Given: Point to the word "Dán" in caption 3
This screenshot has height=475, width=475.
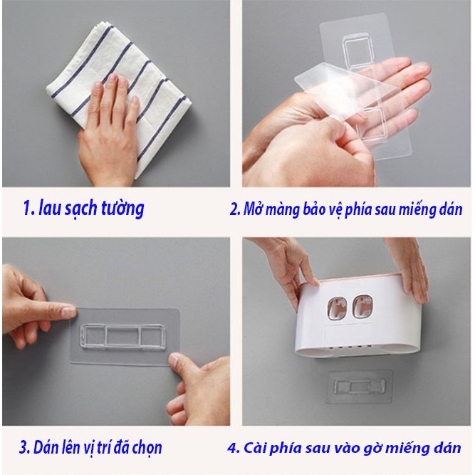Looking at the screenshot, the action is click(44, 447).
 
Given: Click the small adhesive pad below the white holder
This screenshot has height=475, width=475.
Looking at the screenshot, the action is click(360, 387).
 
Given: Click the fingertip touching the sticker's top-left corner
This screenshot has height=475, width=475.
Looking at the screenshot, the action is click(69, 311).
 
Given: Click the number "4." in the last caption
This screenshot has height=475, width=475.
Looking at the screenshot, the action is click(234, 448).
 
